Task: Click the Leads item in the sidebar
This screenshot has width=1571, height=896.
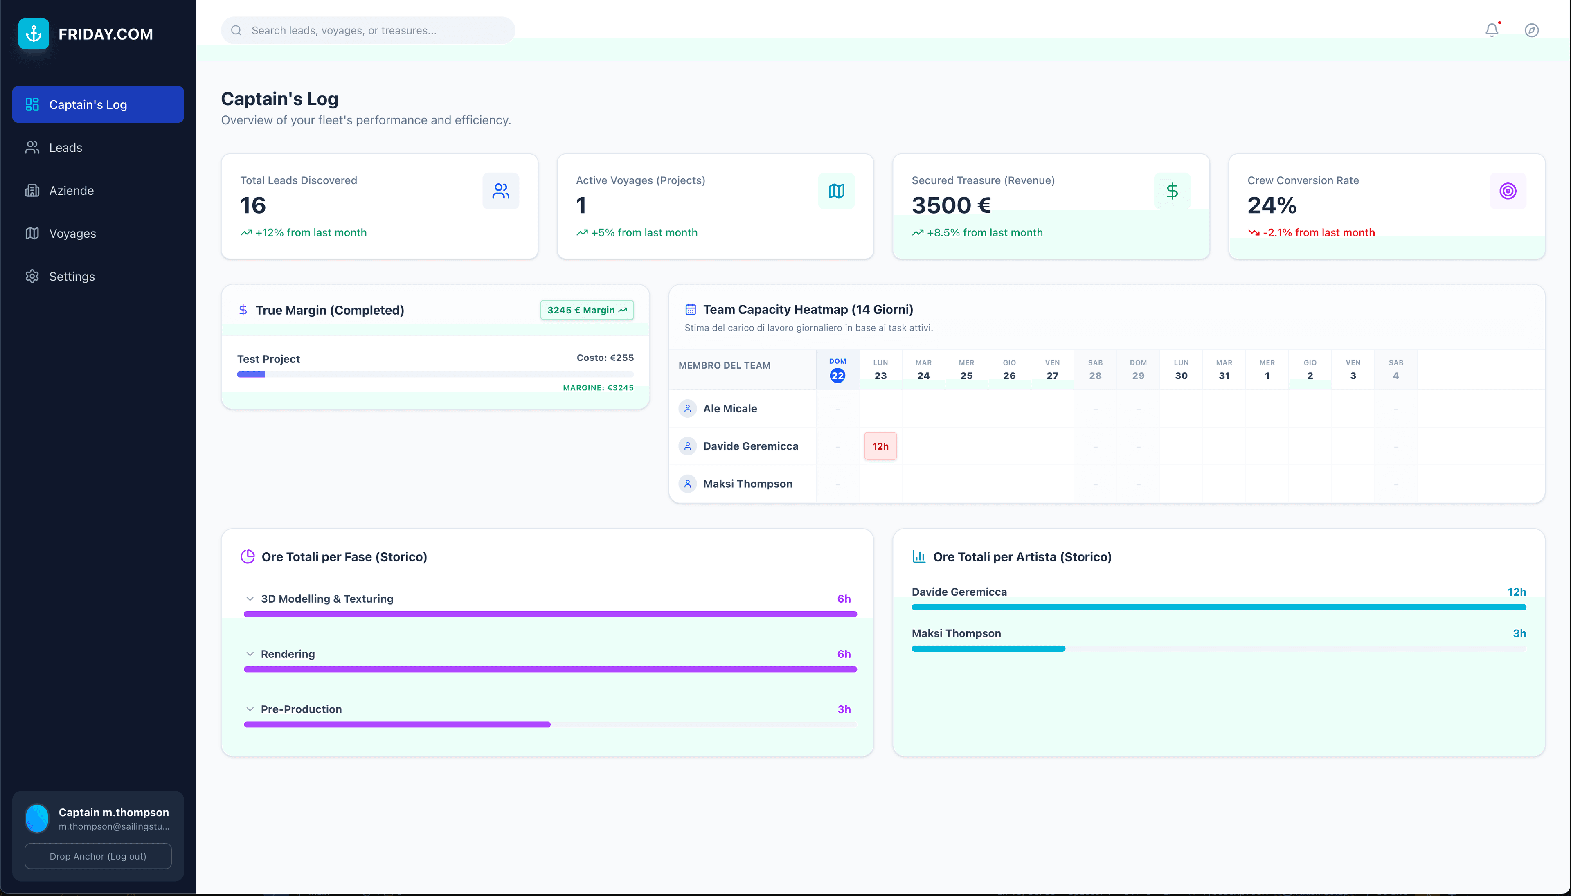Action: (x=65, y=148)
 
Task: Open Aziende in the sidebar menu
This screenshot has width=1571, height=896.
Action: (x=71, y=191)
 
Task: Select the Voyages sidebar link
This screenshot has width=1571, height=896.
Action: (x=72, y=234)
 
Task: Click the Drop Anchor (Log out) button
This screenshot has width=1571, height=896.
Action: (x=98, y=856)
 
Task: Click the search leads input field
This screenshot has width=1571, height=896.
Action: (x=369, y=30)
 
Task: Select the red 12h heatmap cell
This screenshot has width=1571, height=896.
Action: (x=880, y=446)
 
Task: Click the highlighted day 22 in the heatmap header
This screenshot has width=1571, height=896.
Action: (x=837, y=376)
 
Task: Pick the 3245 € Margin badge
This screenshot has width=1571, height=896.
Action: (x=586, y=310)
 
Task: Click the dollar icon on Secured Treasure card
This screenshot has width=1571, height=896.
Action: (x=1172, y=191)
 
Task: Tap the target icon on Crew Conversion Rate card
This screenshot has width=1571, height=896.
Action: (x=1507, y=191)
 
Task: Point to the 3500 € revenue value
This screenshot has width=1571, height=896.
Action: (x=951, y=205)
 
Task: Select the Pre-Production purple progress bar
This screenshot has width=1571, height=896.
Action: (x=397, y=724)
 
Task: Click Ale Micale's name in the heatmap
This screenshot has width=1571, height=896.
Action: (x=730, y=409)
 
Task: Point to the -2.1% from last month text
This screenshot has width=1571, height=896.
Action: (x=1318, y=233)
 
